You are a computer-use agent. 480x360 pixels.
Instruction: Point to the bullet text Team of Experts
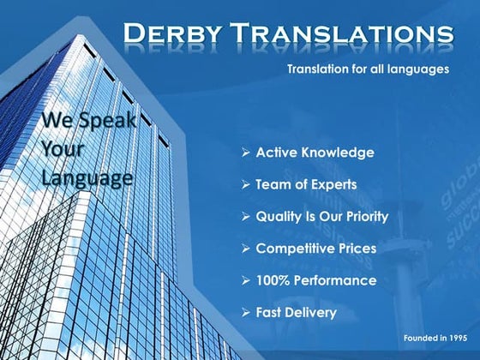306,184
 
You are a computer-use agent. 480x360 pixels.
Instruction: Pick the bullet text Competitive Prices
316,249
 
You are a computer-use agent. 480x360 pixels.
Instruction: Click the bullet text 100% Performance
315,280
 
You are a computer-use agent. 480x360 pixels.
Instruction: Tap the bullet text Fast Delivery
296,312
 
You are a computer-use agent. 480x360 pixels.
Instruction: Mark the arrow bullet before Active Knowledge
246,153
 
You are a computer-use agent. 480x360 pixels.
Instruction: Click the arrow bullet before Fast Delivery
246,312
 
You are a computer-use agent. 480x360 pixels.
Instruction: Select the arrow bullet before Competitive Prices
246,249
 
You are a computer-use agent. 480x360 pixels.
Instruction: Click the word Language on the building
87,178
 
